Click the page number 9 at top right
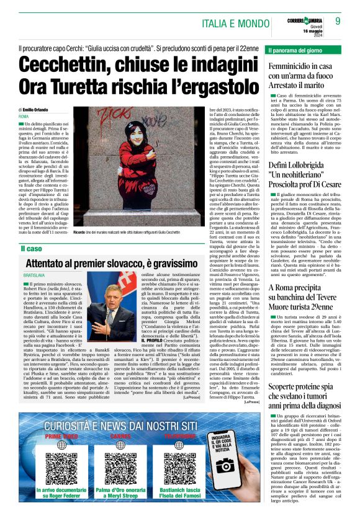338,20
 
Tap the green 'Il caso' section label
30,249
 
